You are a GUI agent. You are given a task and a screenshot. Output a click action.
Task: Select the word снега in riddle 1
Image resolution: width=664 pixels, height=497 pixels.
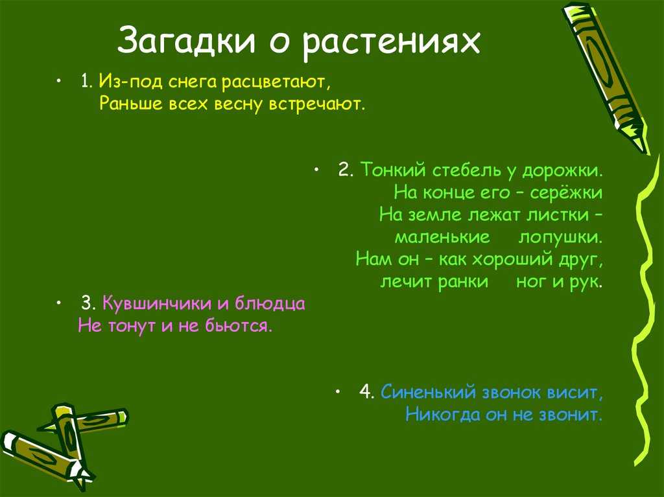coord(192,81)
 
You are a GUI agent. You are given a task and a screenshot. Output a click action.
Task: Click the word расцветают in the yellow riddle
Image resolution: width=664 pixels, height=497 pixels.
coord(275,82)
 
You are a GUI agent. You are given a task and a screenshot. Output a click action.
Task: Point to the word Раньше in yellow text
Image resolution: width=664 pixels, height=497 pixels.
coord(131,103)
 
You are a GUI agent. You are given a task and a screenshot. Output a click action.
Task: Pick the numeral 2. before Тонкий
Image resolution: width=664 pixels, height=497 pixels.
coord(346,170)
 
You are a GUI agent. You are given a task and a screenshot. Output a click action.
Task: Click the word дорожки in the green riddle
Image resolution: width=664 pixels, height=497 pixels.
coord(562,171)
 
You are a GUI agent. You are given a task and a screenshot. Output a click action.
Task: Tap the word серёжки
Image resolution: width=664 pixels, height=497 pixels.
coord(565,192)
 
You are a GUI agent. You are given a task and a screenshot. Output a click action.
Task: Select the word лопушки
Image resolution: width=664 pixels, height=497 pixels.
coord(560,237)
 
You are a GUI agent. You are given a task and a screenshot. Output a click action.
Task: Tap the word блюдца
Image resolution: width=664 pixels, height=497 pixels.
coord(270,304)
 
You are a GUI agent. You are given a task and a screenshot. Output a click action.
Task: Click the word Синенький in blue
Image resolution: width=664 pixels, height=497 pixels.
coord(429,393)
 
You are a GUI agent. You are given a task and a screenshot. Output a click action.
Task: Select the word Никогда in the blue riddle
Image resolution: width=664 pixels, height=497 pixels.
coord(443,414)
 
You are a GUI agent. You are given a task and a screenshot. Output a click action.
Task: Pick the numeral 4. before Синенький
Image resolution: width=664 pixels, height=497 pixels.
coord(367,393)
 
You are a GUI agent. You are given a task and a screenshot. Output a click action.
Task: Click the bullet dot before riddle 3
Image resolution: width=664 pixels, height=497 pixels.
coord(58,303)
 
